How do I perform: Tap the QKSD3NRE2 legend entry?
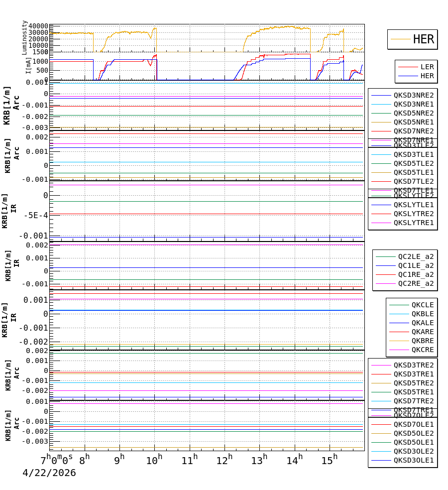click(x=413, y=95)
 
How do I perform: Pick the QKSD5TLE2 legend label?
click(x=413, y=163)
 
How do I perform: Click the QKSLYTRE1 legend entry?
click(x=413, y=223)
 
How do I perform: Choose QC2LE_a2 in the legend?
click(x=416, y=256)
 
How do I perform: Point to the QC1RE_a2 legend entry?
click(x=416, y=274)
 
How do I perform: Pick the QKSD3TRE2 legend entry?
click(x=413, y=365)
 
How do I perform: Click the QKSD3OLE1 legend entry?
click(x=413, y=460)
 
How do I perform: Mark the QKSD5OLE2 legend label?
click(x=413, y=433)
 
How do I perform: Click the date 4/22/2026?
click(x=49, y=473)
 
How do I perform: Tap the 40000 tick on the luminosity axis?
click(x=38, y=26)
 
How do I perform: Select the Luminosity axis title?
click(x=24, y=37)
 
